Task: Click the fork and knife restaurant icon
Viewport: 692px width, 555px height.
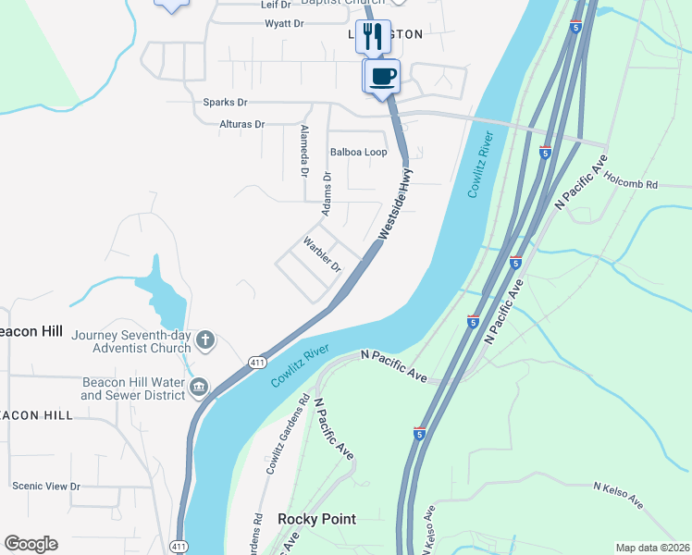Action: pyautogui.click(x=373, y=36)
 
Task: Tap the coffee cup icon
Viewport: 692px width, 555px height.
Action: pyautogui.click(x=382, y=75)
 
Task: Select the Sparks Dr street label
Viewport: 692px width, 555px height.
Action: pyautogui.click(x=225, y=103)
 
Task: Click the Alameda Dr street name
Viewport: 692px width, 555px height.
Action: pyautogui.click(x=303, y=150)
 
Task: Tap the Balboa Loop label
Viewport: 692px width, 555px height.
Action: pyautogui.click(x=358, y=152)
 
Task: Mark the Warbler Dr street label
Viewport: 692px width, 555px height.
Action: pyautogui.click(x=323, y=255)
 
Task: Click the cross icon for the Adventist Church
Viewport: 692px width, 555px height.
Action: pyautogui.click(x=205, y=341)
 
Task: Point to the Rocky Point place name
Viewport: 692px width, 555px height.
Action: pyautogui.click(x=316, y=519)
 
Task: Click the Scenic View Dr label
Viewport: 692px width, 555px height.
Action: pyautogui.click(x=46, y=486)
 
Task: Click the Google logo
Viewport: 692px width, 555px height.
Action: pyautogui.click(x=31, y=544)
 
